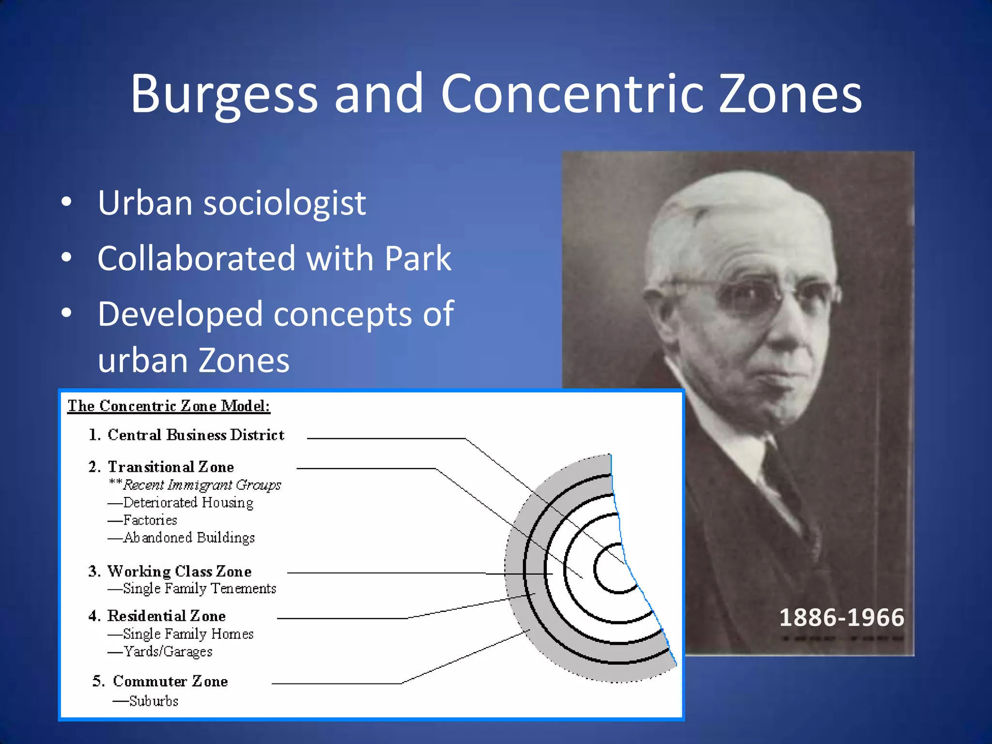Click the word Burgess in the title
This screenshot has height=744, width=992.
click(x=224, y=94)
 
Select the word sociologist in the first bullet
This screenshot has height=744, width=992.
click(x=284, y=203)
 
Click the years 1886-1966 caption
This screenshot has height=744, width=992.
click(x=841, y=618)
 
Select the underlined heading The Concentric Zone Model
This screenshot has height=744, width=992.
click(x=169, y=406)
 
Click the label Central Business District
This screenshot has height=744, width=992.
click(x=196, y=435)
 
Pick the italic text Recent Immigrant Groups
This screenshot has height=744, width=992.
click(x=201, y=485)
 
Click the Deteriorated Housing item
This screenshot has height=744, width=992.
click(x=188, y=503)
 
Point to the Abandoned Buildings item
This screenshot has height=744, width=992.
click(x=189, y=538)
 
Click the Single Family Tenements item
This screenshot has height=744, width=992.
click(x=199, y=589)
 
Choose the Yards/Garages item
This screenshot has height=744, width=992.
click(x=168, y=651)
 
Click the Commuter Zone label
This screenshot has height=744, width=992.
click(x=170, y=682)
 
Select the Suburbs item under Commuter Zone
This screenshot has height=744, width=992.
click(x=154, y=701)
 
